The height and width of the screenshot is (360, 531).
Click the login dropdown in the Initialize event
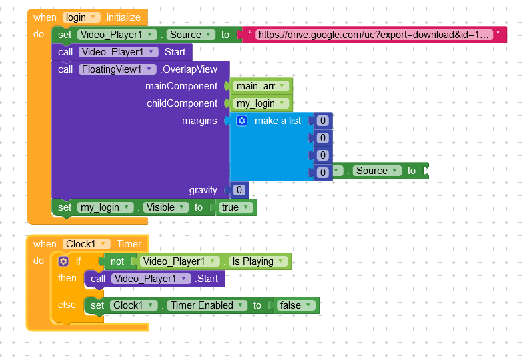click(81, 17)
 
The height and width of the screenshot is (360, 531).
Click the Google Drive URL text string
click(374, 35)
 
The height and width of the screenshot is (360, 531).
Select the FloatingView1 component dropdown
click(117, 69)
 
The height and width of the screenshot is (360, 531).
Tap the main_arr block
click(261, 86)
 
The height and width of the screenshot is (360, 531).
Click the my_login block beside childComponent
click(261, 103)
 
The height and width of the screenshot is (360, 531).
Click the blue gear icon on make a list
click(241, 121)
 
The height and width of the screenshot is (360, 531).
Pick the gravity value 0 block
click(239, 190)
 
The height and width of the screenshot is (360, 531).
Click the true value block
click(235, 207)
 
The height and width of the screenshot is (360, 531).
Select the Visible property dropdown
click(165, 207)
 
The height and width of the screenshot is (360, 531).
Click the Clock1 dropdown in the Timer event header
click(87, 244)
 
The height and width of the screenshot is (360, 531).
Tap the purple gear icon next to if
click(63, 261)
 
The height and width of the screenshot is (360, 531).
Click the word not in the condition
click(117, 261)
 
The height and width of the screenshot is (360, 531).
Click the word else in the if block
click(67, 305)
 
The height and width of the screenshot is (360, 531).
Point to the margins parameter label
click(199, 121)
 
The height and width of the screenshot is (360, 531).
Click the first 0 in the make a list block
click(323, 121)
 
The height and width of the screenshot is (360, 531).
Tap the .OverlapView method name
click(189, 69)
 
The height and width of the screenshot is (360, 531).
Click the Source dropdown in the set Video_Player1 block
click(191, 35)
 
